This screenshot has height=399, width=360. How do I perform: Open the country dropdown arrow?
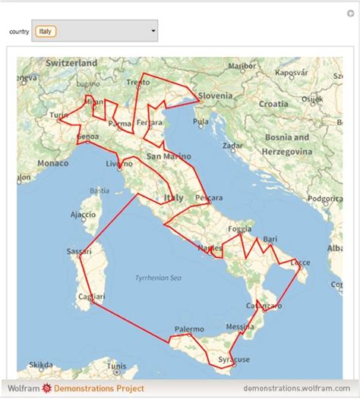point(153,31)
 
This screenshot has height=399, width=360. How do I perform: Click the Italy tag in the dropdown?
point(46,31)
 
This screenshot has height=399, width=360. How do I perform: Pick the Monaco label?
point(52,163)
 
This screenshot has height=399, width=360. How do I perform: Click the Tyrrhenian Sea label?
point(158,278)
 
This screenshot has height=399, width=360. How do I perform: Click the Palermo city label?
point(189,329)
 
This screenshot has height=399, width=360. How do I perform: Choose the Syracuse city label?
point(233,358)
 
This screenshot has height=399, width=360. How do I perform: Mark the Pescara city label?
point(209,197)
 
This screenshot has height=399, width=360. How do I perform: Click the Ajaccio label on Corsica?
point(83,215)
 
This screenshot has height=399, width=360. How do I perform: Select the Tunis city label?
point(116,366)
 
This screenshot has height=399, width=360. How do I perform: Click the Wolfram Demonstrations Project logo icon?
point(46,388)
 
